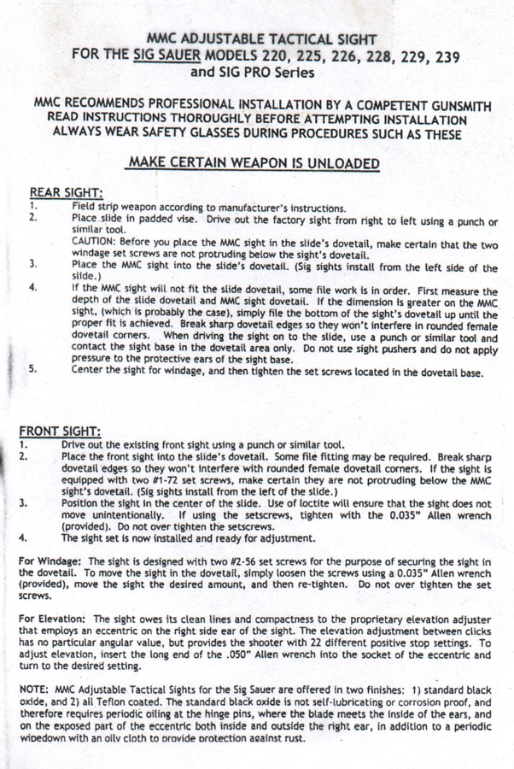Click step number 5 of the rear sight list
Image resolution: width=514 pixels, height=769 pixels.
(x=32, y=371)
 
